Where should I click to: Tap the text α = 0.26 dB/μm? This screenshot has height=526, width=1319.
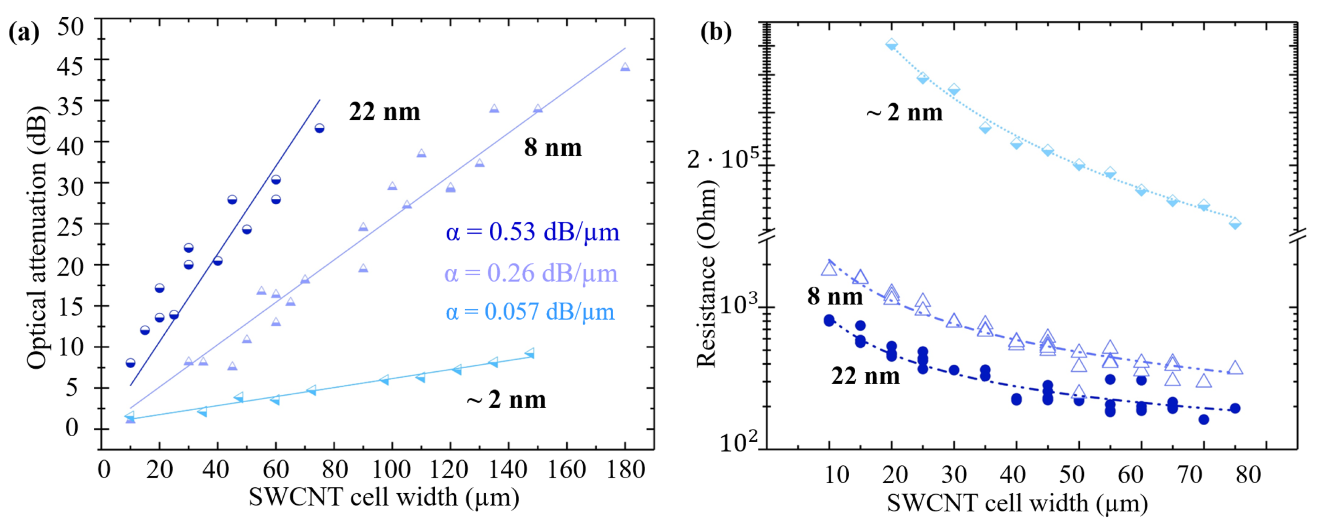(531, 273)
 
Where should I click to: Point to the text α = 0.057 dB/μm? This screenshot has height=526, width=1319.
(529, 312)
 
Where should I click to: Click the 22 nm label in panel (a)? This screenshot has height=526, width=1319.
(384, 111)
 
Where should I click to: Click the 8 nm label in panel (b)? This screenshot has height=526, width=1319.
(834, 296)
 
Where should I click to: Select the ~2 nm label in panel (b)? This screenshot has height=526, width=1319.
(904, 112)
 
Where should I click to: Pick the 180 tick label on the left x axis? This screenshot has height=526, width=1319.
(625, 470)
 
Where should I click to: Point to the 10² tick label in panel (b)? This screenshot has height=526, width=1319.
(738, 441)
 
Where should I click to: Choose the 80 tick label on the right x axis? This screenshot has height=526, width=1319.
(1248, 475)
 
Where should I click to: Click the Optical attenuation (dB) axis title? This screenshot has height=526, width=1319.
(37, 238)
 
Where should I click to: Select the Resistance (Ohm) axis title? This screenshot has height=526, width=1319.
(706, 273)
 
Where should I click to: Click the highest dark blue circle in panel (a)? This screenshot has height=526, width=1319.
(319, 128)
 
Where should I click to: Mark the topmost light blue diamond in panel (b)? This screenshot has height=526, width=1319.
(891, 44)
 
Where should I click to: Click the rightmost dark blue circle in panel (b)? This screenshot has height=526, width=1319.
(1234, 408)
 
